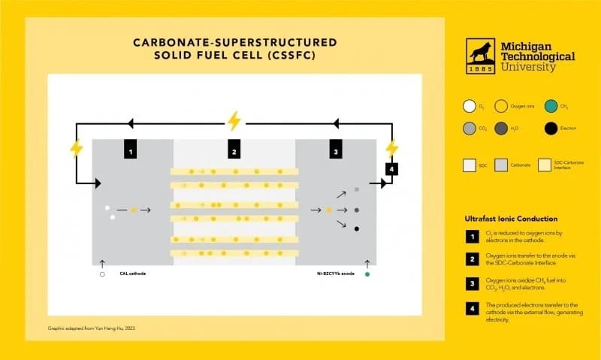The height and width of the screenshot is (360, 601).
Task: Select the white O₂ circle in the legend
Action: coord(470,107)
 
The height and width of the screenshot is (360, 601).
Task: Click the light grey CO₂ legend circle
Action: coord(470,129)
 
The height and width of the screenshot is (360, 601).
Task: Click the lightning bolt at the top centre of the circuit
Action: coord(234,120)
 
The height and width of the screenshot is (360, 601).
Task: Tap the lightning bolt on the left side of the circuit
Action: coord(76,147)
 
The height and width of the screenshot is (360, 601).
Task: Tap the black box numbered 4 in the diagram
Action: coord(391,169)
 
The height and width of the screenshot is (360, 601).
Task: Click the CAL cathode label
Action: coord(132,274)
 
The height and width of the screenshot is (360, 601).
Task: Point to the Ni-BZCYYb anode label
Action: coord(335,274)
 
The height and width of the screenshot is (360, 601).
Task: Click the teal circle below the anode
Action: coord(367,275)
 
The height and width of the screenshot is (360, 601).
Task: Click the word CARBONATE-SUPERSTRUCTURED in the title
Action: coord(234,41)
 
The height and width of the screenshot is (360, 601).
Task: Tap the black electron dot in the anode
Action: coord(357,228)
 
